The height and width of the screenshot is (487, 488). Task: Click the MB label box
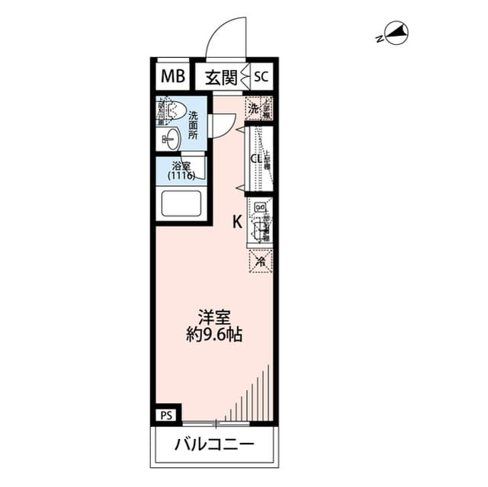point(172,76)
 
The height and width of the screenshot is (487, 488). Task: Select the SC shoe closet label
point(262,76)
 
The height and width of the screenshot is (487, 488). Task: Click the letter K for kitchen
point(237,222)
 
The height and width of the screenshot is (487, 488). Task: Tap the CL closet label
point(257,159)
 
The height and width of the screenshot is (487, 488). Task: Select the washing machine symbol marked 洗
point(252,107)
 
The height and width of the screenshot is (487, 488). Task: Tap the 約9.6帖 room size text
point(214,335)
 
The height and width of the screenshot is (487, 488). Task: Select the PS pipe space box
point(167,415)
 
